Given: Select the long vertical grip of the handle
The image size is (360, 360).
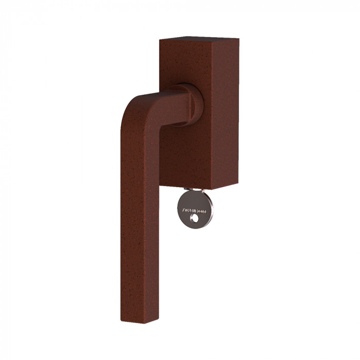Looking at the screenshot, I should [140, 216].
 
